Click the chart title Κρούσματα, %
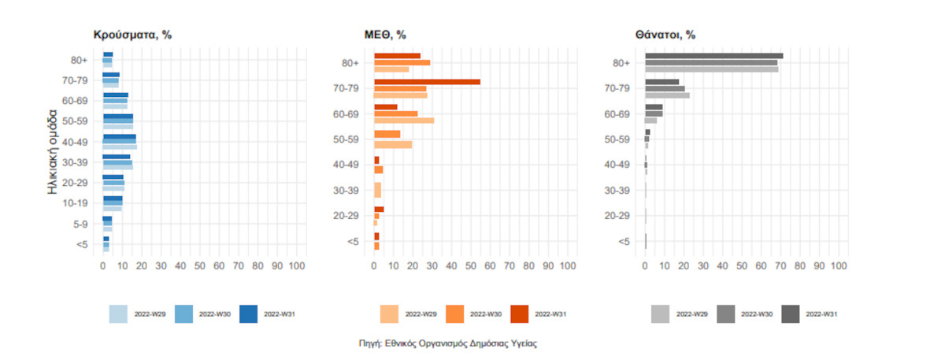pyautogui.click(x=132, y=35)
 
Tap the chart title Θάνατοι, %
pyautogui.click(x=665, y=35)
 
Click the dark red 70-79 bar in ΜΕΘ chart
pyautogui.click(x=427, y=82)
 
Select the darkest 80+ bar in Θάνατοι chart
pyautogui.click(x=713, y=56)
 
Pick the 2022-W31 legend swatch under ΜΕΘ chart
pyautogui.click(x=521, y=314)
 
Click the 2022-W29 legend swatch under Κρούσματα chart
pyautogui.click(x=118, y=314)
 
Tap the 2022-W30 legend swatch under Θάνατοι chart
pyautogui.click(x=726, y=314)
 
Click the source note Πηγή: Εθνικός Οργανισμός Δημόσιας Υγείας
pyautogui.click(x=447, y=343)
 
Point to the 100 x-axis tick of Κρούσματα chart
pyautogui.click(x=297, y=267)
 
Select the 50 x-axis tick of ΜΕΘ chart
pyautogui.click(x=470, y=267)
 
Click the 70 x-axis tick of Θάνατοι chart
pyautogui.click(x=780, y=267)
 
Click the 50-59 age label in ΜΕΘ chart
pyautogui.click(x=347, y=139)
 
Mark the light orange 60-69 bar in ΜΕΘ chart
pyautogui.click(x=404, y=121)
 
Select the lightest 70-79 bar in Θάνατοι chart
pyautogui.click(x=667, y=95)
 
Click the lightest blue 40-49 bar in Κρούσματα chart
pyautogui.click(x=120, y=147)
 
